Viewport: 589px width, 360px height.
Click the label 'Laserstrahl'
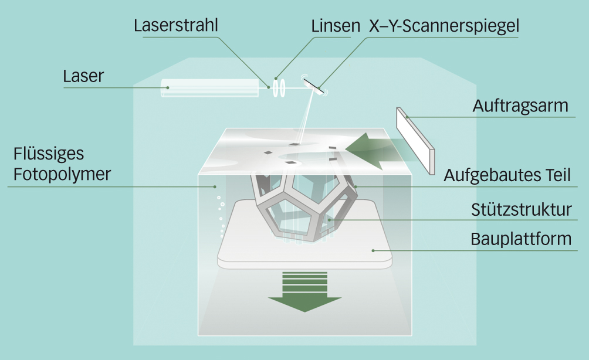click(175, 26)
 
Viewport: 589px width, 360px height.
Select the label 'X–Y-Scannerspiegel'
click(444, 26)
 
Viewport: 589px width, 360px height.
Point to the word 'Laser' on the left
click(83, 76)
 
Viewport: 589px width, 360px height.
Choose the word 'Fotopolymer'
click(62, 174)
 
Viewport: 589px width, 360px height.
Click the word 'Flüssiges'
click(49, 154)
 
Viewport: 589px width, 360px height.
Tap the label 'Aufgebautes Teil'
click(507, 175)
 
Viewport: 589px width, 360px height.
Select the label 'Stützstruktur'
click(522, 209)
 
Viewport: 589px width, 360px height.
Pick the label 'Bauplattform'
click(521, 239)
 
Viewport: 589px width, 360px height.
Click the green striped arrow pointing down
click(304, 290)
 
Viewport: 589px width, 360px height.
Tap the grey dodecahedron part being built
click(305, 205)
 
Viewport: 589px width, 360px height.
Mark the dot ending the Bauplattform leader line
click(373, 250)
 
